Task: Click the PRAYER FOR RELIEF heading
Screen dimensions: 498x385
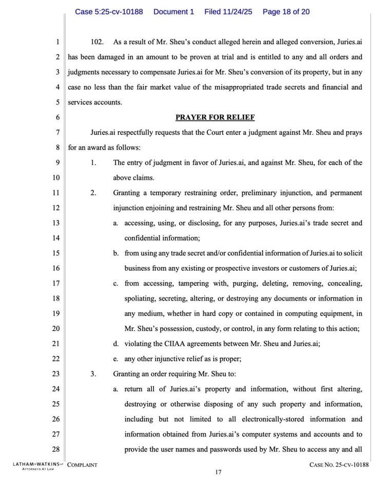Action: (x=215, y=117)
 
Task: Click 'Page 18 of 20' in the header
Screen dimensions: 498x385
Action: (x=286, y=11)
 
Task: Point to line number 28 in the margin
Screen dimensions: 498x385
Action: (x=56, y=450)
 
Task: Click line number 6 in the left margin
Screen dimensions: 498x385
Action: (x=58, y=117)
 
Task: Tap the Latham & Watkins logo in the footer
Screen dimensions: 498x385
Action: (x=35, y=466)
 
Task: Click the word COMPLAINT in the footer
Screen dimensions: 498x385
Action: (x=82, y=465)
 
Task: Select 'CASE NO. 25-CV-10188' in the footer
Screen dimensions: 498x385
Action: (x=339, y=465)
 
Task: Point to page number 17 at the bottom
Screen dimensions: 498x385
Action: (x=218, y=473)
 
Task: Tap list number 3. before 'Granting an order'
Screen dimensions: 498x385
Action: (x=93, y=374)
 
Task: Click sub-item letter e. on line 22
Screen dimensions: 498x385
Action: (x=117, y=358)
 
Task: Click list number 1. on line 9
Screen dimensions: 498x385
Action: (x=93, y=163)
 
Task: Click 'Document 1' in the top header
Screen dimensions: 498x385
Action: (x=174, y=11)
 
